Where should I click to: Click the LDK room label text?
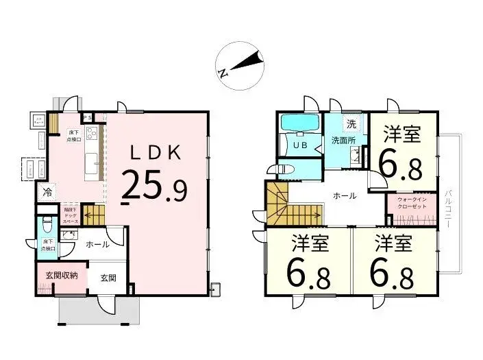pos(156,152)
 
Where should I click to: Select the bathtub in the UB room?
pos(300,123)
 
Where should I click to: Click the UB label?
pos(300,145)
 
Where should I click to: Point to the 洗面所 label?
pos(344,141)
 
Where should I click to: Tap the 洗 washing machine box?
pos(351,124)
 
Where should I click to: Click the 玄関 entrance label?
pos(108,278)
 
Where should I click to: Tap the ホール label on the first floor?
pos(97,244)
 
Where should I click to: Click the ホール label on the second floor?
pos(344,195)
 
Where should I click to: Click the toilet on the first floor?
pos(46,224)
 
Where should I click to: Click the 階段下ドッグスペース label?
pos(71,215)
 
